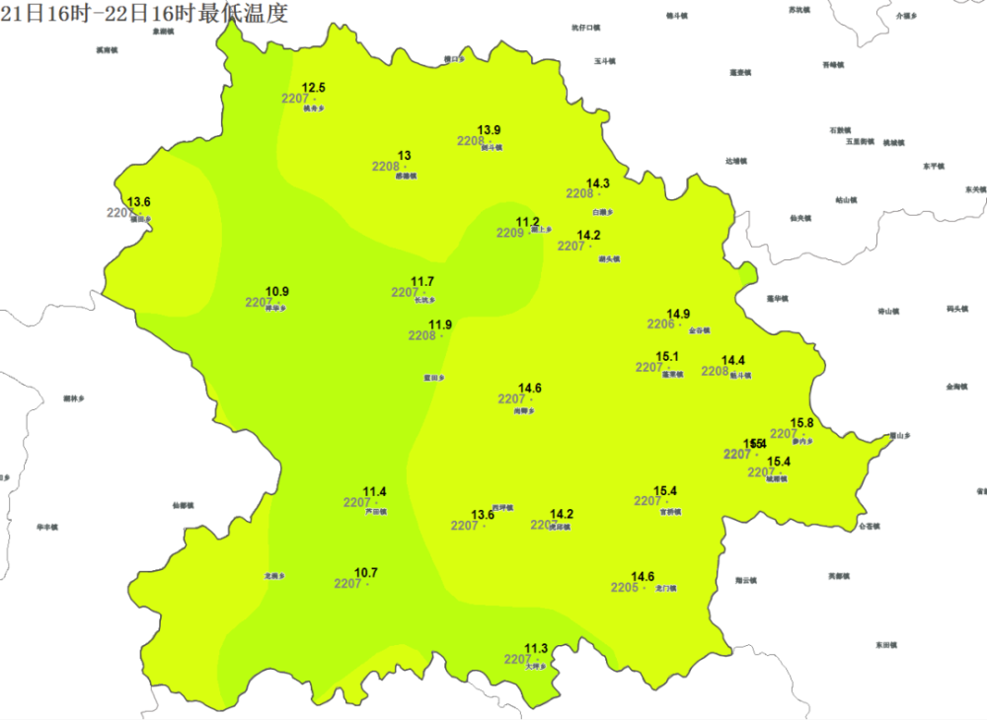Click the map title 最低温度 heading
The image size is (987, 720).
coord(145,14)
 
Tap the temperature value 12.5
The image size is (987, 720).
coord(314,89)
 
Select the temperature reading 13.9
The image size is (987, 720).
coord(490,130)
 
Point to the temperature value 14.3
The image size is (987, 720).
coord(598,183)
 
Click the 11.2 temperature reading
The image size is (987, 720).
coord(528,222)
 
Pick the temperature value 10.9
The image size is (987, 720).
coord(278,292)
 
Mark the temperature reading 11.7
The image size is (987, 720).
coord(422,282)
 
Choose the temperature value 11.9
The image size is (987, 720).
coord(440,325)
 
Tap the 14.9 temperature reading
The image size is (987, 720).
coord(678,314)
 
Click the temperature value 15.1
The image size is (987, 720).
coord(667,357)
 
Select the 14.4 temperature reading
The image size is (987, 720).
coord(733,361)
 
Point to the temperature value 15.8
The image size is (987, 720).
coord(802,423)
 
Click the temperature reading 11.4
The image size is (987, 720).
coord(375,492)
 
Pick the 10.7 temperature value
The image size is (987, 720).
coord(366,573)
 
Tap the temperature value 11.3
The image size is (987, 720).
coord(536,648)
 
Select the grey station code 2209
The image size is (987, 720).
coord(509,234)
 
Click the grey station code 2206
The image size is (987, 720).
coord(660,325)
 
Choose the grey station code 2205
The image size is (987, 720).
coord(624,588)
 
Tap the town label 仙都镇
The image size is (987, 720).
coord(183,505)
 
